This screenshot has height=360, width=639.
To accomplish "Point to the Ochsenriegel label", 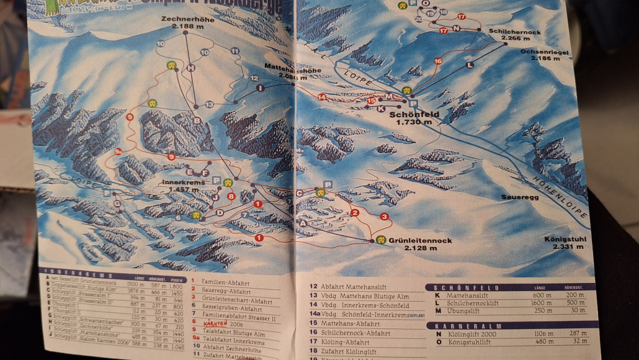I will point(545,52).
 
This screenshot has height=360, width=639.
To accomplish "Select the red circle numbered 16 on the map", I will point(437,61).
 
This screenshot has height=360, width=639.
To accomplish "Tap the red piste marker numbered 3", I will point(385,217).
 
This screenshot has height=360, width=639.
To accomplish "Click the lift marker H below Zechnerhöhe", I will point(191,68).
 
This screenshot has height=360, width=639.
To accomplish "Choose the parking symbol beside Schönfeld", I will point(413,104).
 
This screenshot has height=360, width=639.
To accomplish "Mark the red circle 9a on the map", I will point(117,151).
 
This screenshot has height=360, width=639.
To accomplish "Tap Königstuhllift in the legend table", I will point(469,343).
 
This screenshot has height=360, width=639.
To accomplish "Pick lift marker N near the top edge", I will point(457,29).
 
